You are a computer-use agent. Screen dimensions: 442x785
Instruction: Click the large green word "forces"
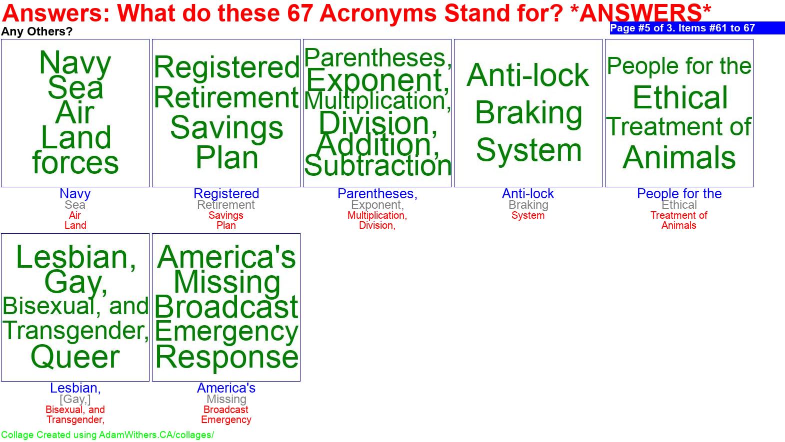coord(75,162)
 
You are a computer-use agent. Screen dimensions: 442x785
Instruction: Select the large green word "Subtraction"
coord(377,166)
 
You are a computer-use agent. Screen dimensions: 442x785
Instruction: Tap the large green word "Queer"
coord(75,357)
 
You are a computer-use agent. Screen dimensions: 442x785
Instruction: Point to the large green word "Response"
coord(226,357)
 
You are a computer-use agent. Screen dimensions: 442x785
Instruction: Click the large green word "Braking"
coord(528,113)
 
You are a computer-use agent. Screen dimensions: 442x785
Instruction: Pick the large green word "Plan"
coord(226,158)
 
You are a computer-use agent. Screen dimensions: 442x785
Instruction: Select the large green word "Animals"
coord(679,158)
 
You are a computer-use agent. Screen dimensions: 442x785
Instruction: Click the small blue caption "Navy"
coord(75,193)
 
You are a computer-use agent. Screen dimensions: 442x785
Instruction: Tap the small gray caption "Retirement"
coord(226,205)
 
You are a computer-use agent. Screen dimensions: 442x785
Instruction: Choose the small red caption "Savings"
coord(226,215)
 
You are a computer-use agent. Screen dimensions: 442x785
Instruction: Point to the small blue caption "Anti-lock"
coord(528,193)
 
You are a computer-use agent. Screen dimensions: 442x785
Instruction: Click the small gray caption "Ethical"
coord(679,205)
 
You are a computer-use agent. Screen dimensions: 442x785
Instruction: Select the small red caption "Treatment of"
coord(679,215)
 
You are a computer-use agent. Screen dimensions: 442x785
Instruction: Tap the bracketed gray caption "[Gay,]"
coord(75,399)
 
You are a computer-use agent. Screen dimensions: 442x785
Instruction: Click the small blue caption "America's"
coord(226,388)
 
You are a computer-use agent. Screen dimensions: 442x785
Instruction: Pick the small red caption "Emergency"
coord(226,420)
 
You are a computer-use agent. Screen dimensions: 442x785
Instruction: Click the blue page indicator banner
coord(697,28)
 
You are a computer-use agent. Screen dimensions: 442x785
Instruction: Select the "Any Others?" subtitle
coord(36,31)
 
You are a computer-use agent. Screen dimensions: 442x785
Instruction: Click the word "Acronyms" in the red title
coord(377,13)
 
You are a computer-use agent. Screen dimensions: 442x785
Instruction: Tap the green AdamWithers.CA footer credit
coord(107,435)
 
